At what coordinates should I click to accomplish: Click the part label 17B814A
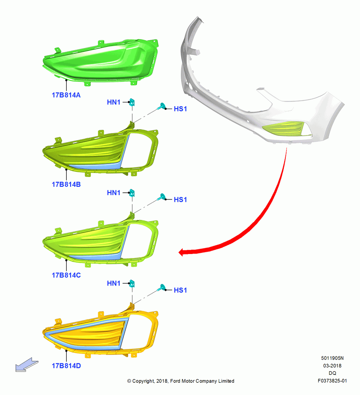[66, 95]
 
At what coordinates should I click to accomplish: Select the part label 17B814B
[66, 184]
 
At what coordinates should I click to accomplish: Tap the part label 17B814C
[66, 275]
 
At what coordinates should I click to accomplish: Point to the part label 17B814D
[66, 366]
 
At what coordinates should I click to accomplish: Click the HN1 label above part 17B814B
[114, 102]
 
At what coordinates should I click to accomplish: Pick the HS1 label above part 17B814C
[180, 199]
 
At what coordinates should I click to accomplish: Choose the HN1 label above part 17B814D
[114, 283]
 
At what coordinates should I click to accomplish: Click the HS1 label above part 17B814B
[180, 109]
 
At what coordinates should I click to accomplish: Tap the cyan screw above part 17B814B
[161, 106]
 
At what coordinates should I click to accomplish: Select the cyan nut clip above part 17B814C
[132, 193]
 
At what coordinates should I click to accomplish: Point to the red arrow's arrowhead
[182, 252]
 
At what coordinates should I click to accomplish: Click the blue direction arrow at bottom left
[27, 365]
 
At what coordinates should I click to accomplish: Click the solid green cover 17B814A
[101, 62]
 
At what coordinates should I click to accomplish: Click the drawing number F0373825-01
[332, 381]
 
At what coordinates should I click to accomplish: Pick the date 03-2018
[332, 365]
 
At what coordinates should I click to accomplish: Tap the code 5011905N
[332, 358]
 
